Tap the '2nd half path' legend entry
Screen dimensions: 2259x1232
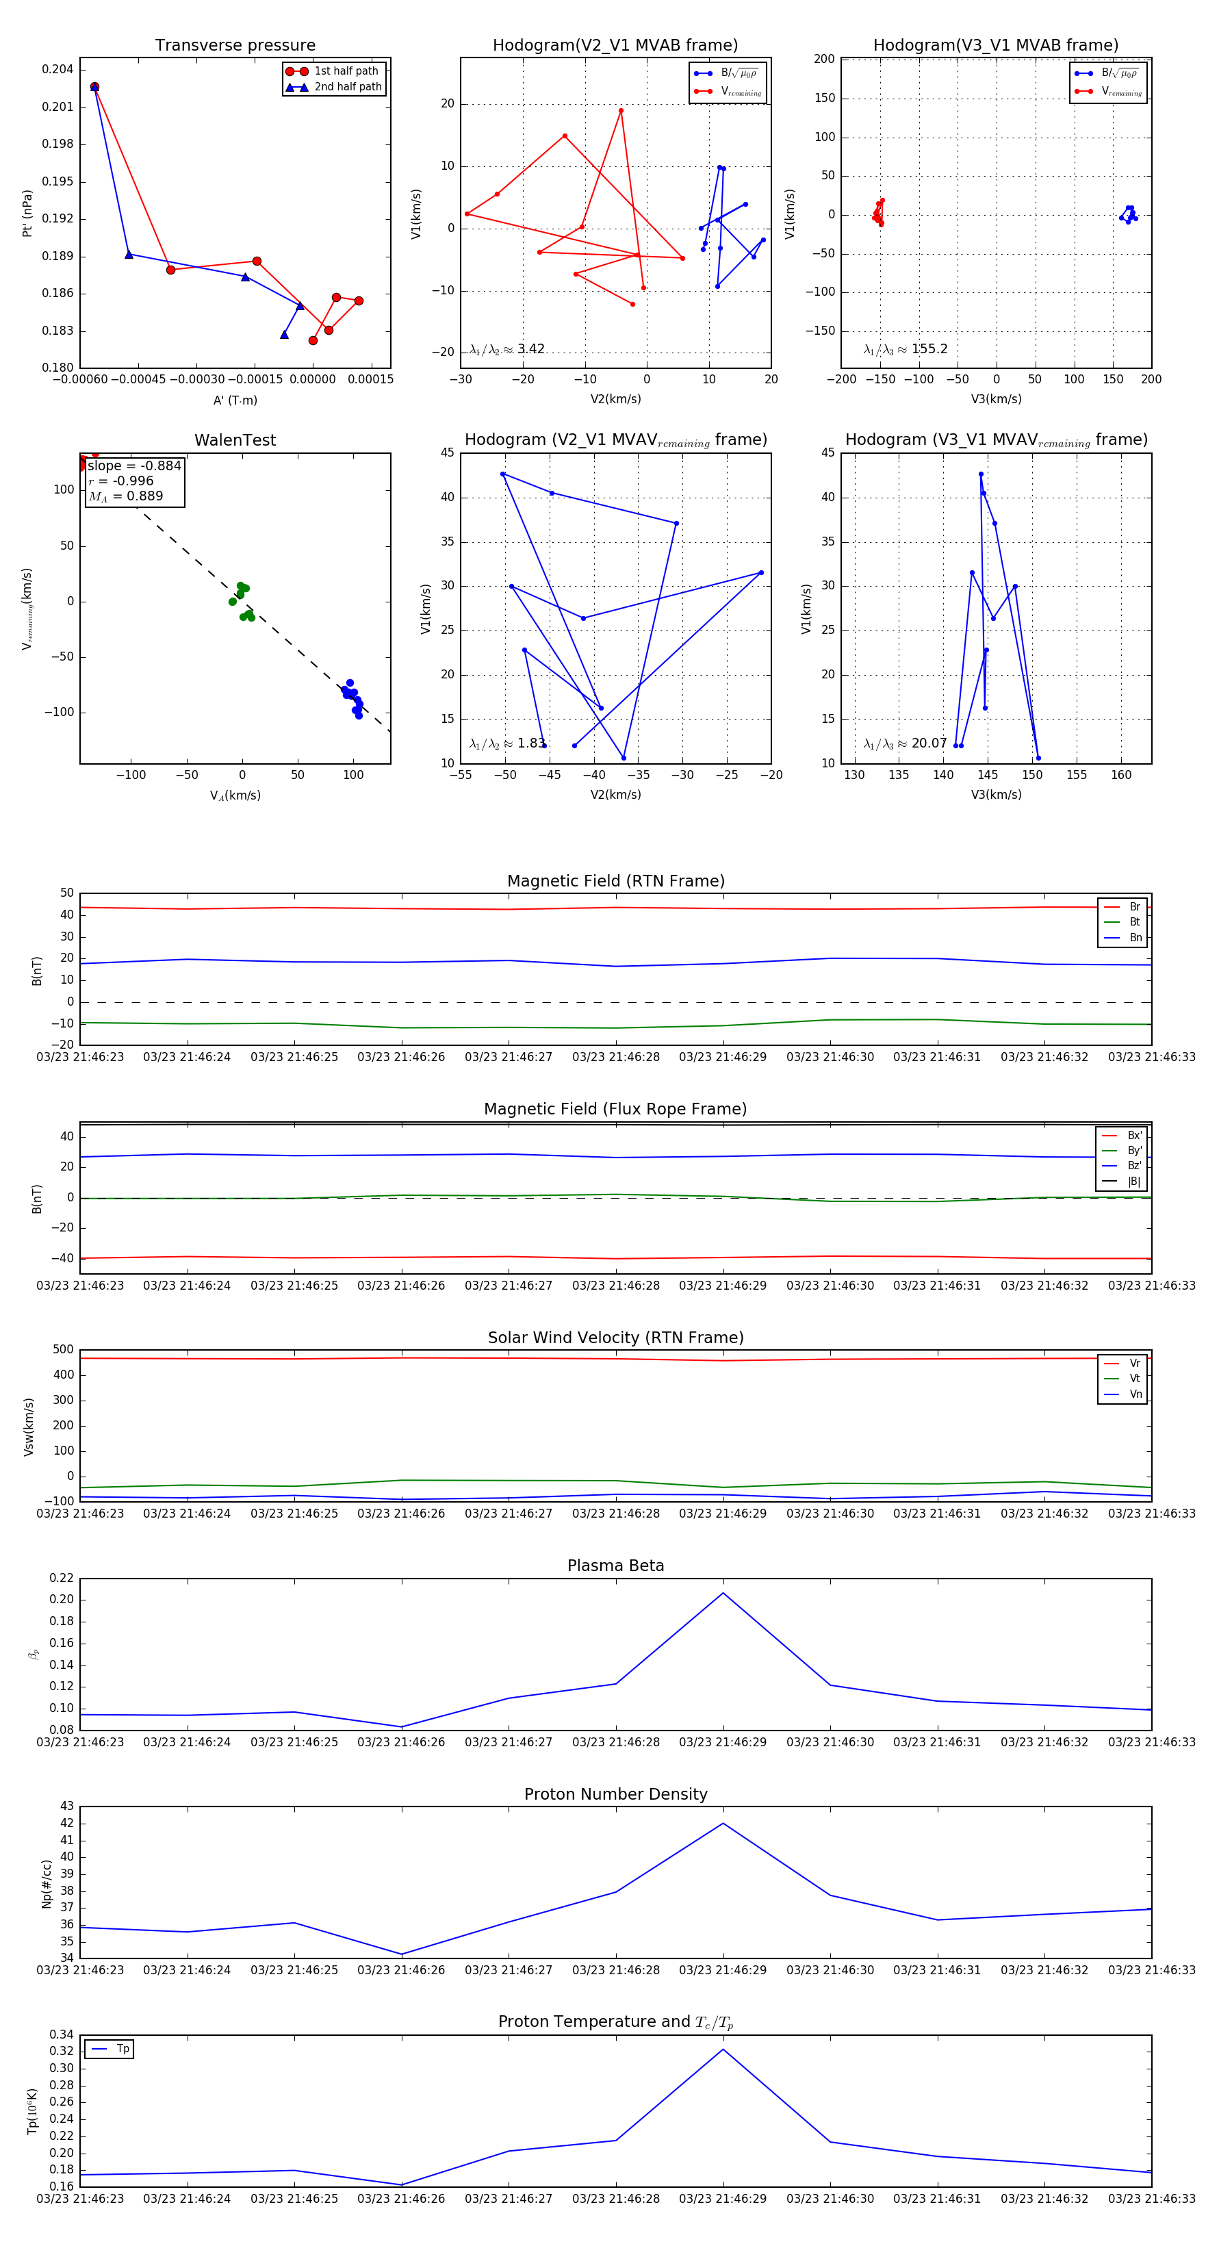pos(347,87)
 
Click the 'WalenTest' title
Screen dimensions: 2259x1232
pos(235,440)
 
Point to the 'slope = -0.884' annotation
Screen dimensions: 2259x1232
pos(134,465)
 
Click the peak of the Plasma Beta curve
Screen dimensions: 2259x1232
pos(723,1592)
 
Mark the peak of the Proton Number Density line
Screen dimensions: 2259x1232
pos(723,1823)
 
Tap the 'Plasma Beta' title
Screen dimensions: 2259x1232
pos(615,1566)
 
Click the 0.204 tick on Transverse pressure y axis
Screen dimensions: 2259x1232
pos(58,69)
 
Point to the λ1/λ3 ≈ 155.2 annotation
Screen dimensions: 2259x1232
pos(905,349)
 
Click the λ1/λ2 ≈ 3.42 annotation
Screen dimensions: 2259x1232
pos(506,349)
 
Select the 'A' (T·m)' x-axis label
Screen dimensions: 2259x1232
pos(235,400)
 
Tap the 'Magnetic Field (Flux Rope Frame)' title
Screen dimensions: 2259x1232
pos(615,1108)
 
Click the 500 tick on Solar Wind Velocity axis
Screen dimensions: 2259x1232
pos(63,1350)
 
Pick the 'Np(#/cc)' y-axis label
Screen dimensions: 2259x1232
pos(47,1884)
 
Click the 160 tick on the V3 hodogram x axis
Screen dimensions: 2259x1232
pos(1120,774)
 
